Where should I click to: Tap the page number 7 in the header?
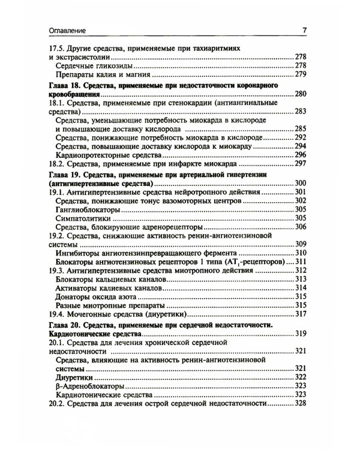pyautogui.click(x=304, y=30)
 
